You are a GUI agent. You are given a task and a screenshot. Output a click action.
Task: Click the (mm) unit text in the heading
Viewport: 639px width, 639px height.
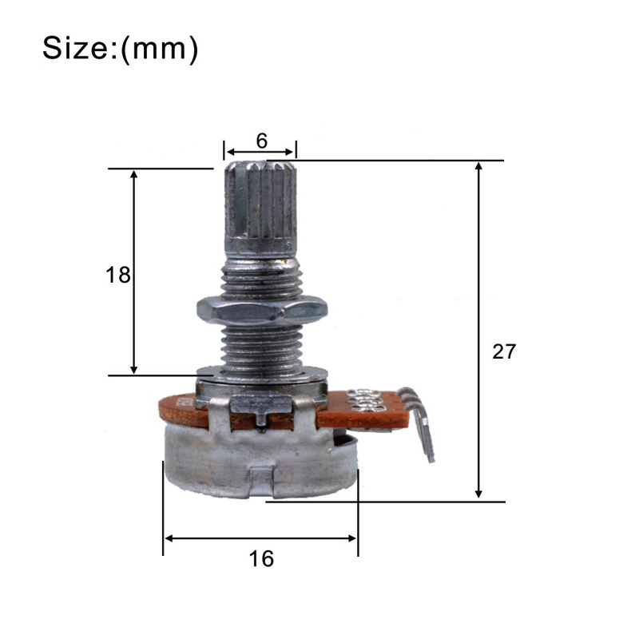(160, 50)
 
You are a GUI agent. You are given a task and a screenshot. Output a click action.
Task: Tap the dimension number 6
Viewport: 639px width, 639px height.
(262, 141)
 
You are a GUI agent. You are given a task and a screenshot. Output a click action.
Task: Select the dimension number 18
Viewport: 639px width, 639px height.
(118, 275)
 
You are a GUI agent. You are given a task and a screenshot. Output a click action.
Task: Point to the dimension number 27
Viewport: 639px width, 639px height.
(504, 351)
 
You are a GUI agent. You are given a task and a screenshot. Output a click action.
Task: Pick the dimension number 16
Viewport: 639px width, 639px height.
(262, 558)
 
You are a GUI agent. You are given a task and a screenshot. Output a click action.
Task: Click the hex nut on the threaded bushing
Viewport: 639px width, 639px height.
(262, 312)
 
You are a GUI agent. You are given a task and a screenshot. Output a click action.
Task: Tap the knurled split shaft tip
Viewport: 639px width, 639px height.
(261, 208)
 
